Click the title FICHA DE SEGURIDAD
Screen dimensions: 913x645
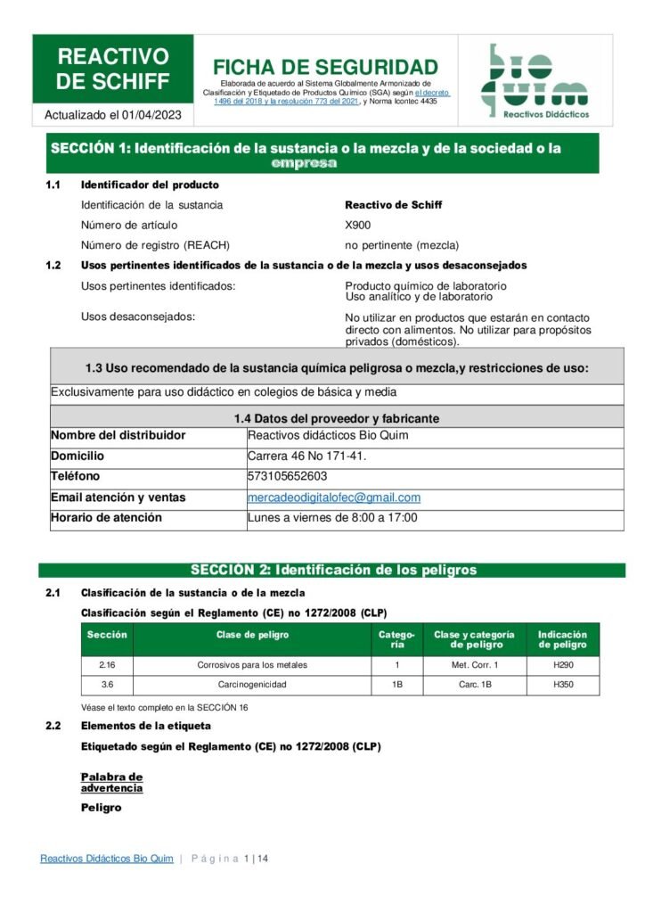tap(325, 67)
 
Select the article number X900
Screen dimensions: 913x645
tap(358, 225)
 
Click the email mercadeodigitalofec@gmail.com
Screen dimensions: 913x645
tap(334, 498)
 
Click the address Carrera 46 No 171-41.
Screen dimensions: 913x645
tap(307, 456)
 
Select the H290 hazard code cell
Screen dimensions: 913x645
tap(563, 665)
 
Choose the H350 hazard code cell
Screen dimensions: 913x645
tap(563, 685)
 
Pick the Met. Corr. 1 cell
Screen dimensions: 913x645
tap(475, 665)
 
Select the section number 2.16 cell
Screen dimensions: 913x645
tap(107, 665)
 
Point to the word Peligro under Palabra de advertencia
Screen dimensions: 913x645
tap(101, 808)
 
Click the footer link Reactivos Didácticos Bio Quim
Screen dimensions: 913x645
tap(107, 859)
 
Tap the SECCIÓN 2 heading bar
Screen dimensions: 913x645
tap(332, 570)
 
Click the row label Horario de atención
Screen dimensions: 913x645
tap(106, 518)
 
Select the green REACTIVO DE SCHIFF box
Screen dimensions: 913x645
tap(113, 69)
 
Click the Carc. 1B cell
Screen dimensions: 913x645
tap(475, 685)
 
